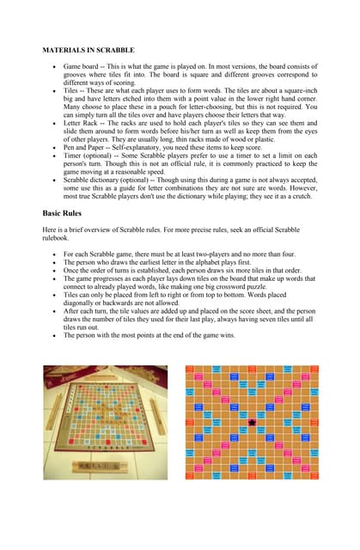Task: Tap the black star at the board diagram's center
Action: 252,424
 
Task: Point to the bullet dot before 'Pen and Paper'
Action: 56,149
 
